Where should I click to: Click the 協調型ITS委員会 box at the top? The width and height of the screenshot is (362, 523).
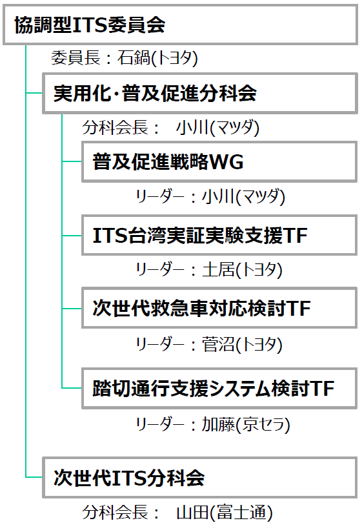(x=180, y=25)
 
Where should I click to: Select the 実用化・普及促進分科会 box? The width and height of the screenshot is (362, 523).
(x=200, y=94)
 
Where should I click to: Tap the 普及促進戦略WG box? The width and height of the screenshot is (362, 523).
(x=219, y=162)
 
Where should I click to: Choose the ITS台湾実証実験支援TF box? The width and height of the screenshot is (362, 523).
(x=219, y=236)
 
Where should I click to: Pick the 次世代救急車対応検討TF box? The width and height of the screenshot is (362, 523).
(x=219, y=308)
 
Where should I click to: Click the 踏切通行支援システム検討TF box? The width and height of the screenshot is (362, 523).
(x=219, y=389)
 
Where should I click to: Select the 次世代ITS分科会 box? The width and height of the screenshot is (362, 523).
(x=200, y=478)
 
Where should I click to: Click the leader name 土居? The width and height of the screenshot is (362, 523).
(x=218, y=269)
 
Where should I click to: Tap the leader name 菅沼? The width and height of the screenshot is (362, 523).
(x=218, y=344)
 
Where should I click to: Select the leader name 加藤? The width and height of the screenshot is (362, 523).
(x=218, y=425)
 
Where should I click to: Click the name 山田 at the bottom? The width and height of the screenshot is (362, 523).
(x=193, y=512)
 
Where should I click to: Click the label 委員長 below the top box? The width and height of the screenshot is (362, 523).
(x=75, y=57)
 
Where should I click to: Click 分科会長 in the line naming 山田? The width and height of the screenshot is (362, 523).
(x=115, y=512)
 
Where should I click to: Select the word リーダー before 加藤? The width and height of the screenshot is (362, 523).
(x=160, y=425)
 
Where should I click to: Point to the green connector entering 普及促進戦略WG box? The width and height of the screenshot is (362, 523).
(x=72, y=161)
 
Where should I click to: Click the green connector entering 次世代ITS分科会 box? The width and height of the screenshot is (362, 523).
(x=34, y=477)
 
